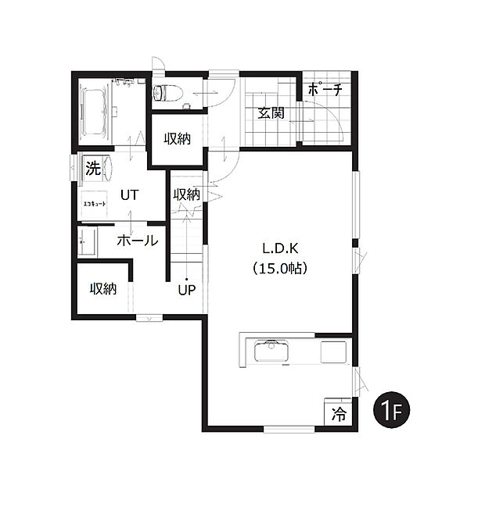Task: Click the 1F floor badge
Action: [x=392, y=409]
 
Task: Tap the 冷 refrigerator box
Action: [x=338, y=412]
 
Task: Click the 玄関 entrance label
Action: [x=271, y=113]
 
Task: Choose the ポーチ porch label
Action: [x=325, y=90]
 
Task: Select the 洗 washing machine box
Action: [x=93, y=167]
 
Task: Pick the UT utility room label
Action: [x=130, y=194]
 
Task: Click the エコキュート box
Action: [x=95, y=202]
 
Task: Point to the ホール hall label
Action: [x=138, y=241]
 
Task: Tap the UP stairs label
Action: [x=186, y=291]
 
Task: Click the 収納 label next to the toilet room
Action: [x=177, y=139]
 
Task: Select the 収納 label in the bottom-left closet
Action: [x=102, y=288]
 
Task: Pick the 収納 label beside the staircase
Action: [x=186, y=194]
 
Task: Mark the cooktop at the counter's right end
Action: [x=333, y=351]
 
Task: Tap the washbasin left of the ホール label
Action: [x=86, y=241]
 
